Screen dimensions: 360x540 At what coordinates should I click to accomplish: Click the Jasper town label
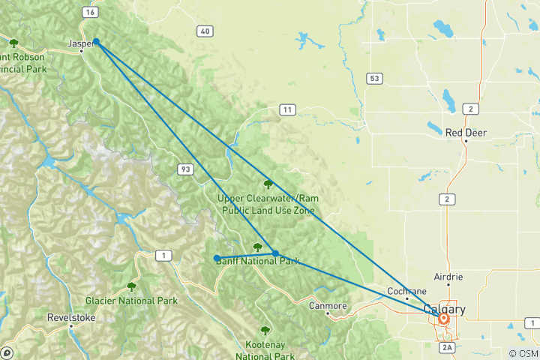pyautogui.click(x=79, y=43)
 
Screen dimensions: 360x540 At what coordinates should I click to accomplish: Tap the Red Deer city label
pyautogui.click(x=466, y=133)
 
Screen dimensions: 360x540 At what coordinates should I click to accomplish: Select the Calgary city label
pyautogui.click(x=444, y=309)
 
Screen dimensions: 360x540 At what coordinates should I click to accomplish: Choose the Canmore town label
pyautogui.click(x=328, y=306)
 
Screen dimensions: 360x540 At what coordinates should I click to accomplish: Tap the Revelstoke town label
pyautogui.click(x=70, y=317)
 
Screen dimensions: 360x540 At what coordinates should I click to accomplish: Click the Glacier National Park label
pyautogui.click(x=131, y=301)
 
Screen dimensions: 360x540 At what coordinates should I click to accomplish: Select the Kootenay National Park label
pyautogui.click(x=264, y=345)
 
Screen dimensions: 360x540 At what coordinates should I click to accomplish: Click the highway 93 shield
pyautogui.click(x=185, y=169)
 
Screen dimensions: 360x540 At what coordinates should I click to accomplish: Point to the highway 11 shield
pyautogui.click(x=286, y=110)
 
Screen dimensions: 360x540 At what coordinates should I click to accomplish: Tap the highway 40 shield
pyautogui.click(x=204, y=31)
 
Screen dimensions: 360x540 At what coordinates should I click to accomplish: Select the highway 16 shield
pyautogui.click(x=90, y=13)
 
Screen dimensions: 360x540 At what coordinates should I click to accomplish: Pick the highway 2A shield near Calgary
pyautogui.click(x=447, y=347)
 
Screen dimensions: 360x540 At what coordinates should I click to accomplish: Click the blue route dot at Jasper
pyautogui.click(x=97, y=43)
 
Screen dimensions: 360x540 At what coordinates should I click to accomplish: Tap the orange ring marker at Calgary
pyautogui.click(x=444, y=318)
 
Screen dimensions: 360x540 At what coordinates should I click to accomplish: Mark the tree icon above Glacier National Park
pyautogui.click(x=131, y=286)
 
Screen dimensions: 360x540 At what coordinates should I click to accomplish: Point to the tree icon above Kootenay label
pyautogui.click(x=264, y=330)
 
